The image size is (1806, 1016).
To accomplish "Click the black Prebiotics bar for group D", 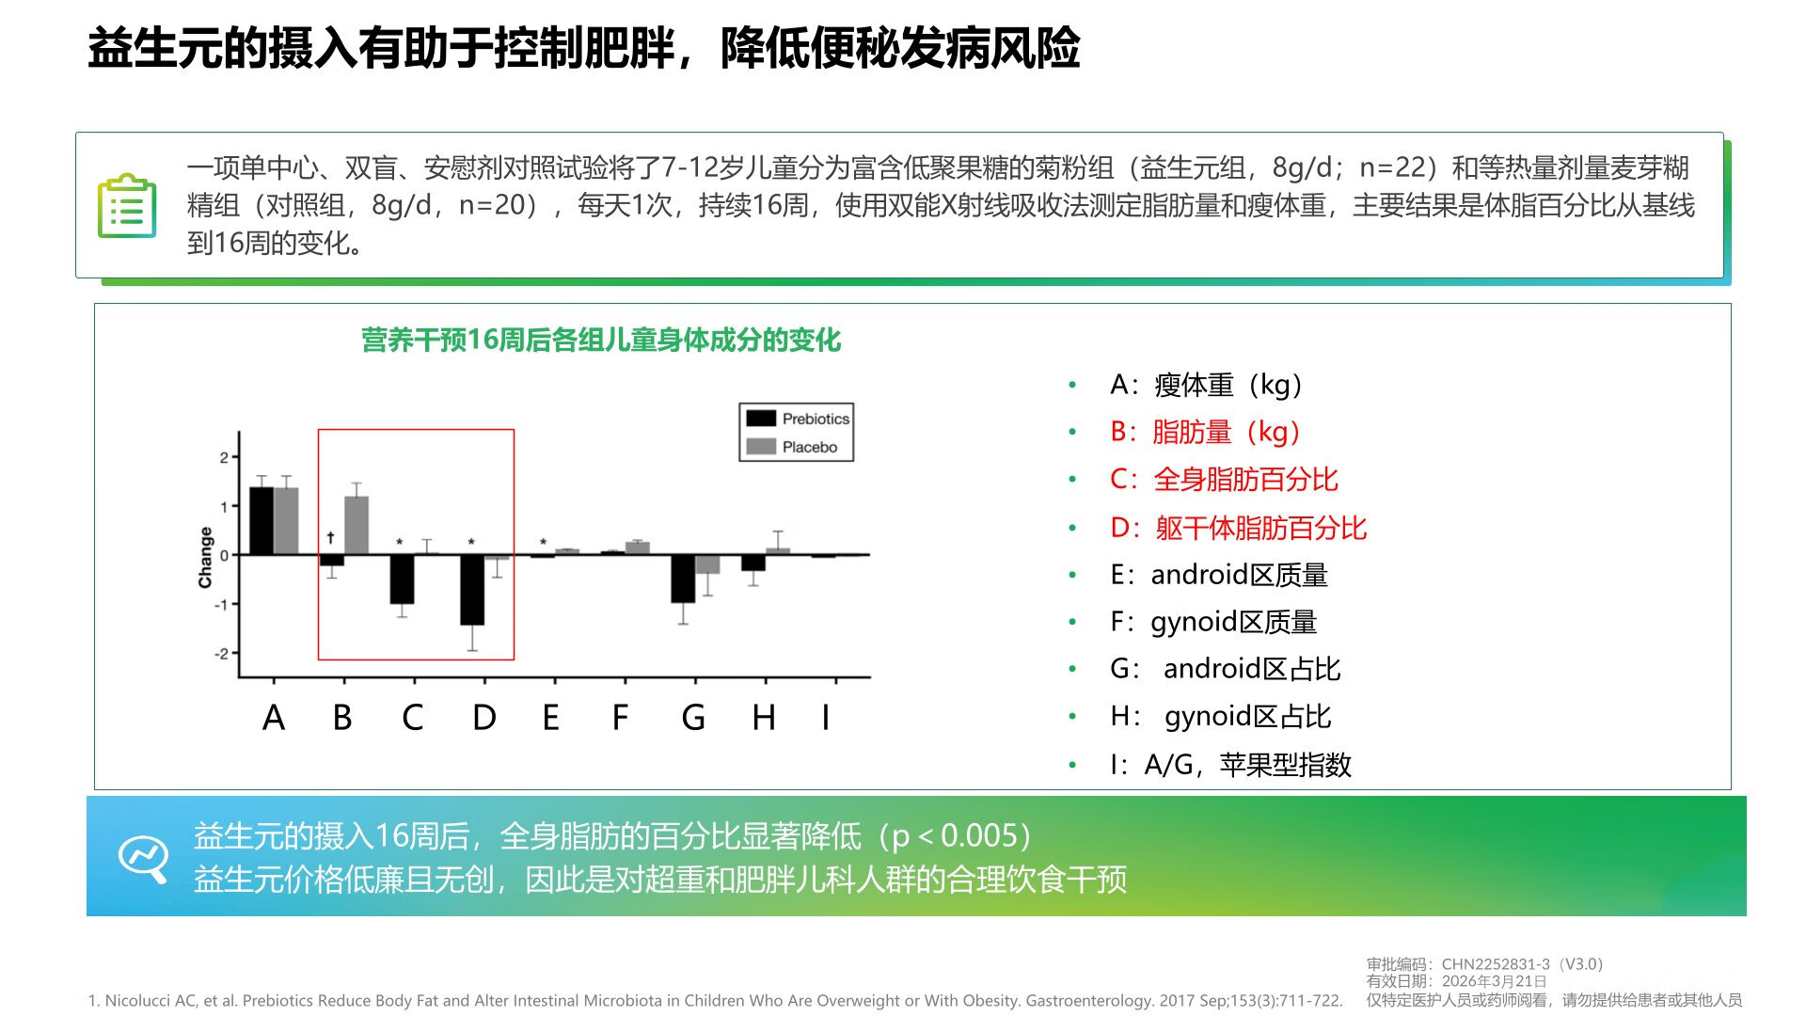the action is tap(472, 590).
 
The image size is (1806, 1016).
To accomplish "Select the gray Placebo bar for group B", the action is tap(356, 526).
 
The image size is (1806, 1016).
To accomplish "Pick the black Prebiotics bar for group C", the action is tap(402, 579).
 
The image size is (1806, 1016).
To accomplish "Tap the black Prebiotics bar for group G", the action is tap(683, 579).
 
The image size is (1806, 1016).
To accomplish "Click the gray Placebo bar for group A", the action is tap(286, 521).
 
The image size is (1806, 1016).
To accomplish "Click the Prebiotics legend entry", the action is tap(798, 419).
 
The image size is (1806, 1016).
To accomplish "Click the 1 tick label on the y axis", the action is tap(224, 506).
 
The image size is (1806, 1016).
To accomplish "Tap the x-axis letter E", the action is tap(551, 718).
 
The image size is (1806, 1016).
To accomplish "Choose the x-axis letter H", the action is tap(764, 718).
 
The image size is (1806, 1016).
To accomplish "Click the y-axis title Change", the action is tap(205, 557).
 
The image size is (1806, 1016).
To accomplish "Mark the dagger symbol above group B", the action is tap(330, 537).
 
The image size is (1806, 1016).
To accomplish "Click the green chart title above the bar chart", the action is tap(601, 340).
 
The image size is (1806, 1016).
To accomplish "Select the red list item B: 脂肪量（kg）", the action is tap(1205, 432).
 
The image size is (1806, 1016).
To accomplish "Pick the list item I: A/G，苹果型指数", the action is tap(1230, 764).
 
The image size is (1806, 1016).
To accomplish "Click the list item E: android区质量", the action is tap(1219, 575).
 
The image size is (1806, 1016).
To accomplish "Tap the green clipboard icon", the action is tap(127, 206).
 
